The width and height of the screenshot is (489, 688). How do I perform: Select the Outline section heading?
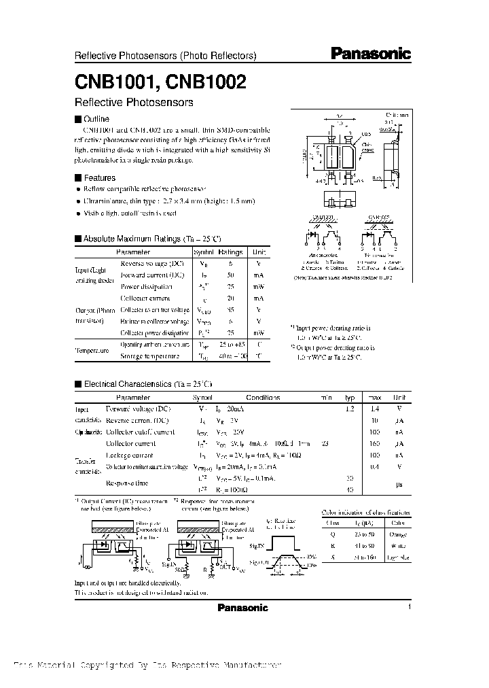pyautogui.click(x=95, y=119)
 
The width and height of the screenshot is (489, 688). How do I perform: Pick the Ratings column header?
pyautogui.click(x=230, y=252)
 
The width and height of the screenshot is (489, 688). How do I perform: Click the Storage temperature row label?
pyautogui.click(x=150, y=356)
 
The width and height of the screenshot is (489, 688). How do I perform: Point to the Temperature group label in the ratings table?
pyautogui.click(x=92, y=351)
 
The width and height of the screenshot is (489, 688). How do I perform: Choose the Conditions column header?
pyautogui.click(x=263, y=397)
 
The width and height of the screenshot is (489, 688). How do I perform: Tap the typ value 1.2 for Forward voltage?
pyautogui.click(x=349, y=409)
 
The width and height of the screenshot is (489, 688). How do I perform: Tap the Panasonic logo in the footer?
pyautogui.click(x=242, y=608)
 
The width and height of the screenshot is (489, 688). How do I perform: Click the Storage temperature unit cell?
pyautogui.click(x=259, y=356)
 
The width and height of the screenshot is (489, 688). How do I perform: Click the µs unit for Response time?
pyautogui.click(x=400, y=483)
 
